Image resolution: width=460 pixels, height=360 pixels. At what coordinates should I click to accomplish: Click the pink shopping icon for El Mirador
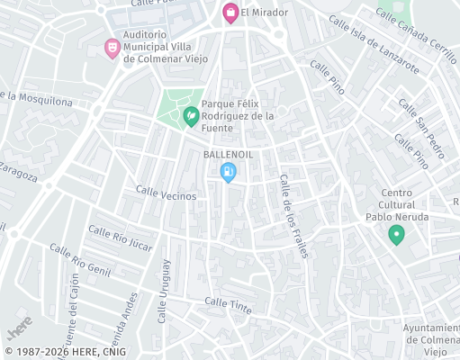(x=230, y=13)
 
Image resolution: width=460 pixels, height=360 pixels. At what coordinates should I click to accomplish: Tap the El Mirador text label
(x=264, y=13)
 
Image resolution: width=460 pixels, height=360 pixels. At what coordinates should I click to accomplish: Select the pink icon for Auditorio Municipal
(x=112, y=47)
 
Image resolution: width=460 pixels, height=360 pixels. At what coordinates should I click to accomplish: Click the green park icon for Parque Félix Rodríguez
(x=191, y=116)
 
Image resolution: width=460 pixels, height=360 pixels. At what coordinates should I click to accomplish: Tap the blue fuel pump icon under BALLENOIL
(x=229, y=171)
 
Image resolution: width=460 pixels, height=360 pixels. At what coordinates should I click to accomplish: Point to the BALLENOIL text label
(x=229, y=154)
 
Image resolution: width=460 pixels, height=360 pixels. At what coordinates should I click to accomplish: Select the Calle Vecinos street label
(x=166, y=192)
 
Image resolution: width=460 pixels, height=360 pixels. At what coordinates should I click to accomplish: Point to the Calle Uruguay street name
(x=164, y=292)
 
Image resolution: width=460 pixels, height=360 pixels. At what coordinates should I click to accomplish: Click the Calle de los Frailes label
(x=293, y=216)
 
